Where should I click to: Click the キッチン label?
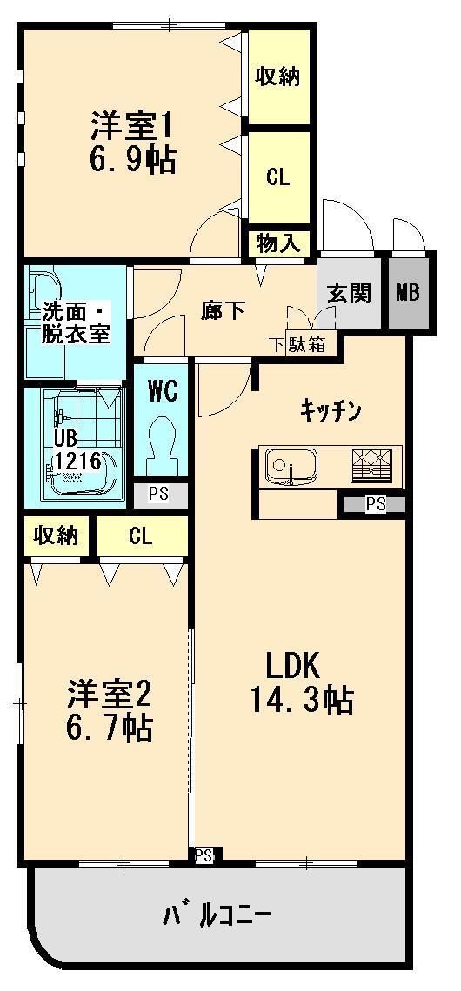click(331, 410)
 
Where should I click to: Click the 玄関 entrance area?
click(349, 292)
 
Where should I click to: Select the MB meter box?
click(408, 292)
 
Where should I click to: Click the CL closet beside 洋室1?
click(277, 176)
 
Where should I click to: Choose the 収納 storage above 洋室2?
click(57, 535)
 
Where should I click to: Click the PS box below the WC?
click(158, 495)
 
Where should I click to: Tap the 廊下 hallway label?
click(223, 310)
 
